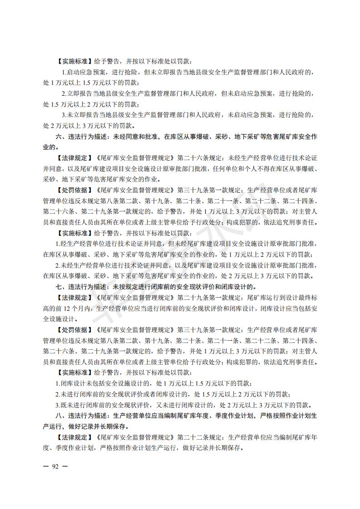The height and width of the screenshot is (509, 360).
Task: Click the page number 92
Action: click(x=56, y=466)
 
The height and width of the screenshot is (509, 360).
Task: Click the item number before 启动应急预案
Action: click(x=64, y=72)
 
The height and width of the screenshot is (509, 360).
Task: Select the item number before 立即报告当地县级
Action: click(x=64, y=93)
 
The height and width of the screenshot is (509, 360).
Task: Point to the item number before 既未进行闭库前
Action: click(x=57, y=405)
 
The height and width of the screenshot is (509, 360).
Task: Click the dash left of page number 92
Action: click(x=46, y=466)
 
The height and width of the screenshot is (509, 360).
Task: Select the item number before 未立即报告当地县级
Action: click(x=64, y=115)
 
